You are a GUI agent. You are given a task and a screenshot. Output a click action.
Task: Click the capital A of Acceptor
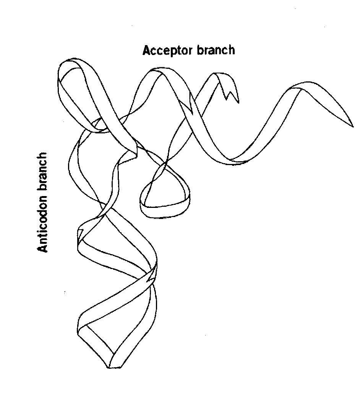tap(146, 50)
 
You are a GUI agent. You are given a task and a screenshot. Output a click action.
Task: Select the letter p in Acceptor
tap(171, 52)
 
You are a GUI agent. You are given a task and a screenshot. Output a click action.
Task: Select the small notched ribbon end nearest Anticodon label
tap(80, 231)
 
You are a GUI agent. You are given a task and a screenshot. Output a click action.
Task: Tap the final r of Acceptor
tap(190, 51)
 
